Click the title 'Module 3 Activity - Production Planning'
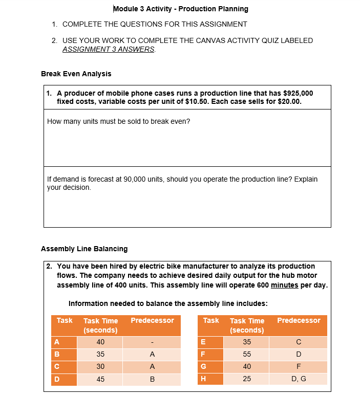180,9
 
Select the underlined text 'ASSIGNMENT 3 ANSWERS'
109,49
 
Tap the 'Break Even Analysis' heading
76,74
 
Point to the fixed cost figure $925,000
298,93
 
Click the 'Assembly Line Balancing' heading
84,249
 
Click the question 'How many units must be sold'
118,121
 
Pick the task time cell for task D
100,379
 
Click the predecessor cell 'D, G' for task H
298,379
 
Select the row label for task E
204,342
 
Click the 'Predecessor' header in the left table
152,321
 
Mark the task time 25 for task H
247,379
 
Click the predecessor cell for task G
298,367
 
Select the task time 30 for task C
100,367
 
